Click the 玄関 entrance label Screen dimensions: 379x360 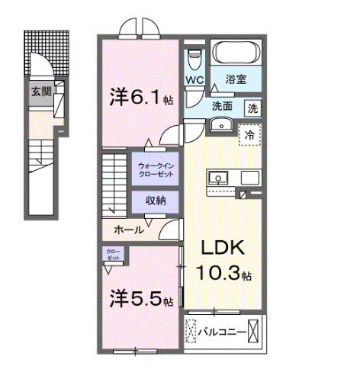click(x=40, y=92)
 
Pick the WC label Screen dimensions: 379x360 click(x=193, y=79)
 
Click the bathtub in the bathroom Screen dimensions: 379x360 click(x=236, y=53)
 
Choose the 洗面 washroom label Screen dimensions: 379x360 click(x=222, y=107)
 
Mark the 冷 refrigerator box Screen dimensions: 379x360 click(x=249, y=134)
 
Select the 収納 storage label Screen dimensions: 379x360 click(x=156, y=201)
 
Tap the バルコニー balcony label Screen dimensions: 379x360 click(x=222, y=332)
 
